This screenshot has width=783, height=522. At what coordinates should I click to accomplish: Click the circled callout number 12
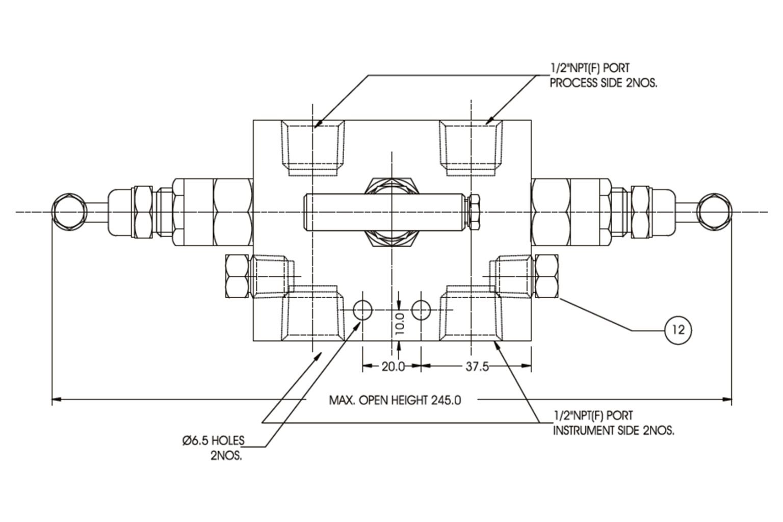[x=678, y=330]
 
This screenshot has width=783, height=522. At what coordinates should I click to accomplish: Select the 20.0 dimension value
[x=393, y=366]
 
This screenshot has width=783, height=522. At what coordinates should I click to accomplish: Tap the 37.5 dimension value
[x=477, y=366]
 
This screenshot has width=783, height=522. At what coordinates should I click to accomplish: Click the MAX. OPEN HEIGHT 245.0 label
[x=395, y=400]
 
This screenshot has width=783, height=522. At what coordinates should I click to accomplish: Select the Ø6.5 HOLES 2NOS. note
[x=214, y=447]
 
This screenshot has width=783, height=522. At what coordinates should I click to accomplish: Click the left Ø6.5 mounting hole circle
[x=363, y=309]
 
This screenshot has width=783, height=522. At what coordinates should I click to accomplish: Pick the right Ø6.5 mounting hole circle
[x=421, y=309]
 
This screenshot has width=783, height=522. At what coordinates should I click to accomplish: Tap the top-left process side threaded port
[x=313, y=148]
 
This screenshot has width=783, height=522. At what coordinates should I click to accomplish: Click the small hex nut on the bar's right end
[x=473, y=212]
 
